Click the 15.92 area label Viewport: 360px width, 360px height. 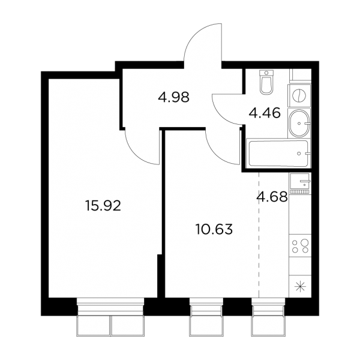pos(103,206)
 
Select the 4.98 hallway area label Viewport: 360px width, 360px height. pos(173,97)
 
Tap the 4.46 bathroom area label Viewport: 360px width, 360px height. pos(265,113)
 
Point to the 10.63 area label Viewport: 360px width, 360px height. pos(214,229)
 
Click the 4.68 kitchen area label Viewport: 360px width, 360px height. pos(272,197)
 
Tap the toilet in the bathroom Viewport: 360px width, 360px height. pos(266,82)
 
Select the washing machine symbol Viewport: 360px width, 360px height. pos(299,95)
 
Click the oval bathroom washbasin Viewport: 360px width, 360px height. pos(299,123)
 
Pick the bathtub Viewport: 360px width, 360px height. pos(278,154)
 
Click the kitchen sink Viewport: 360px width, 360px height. pos(300,183)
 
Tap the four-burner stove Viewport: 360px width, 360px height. pos(300,245)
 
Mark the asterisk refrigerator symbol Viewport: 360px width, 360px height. pos(300,287)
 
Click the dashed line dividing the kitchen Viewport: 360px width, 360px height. pos(259,235)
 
